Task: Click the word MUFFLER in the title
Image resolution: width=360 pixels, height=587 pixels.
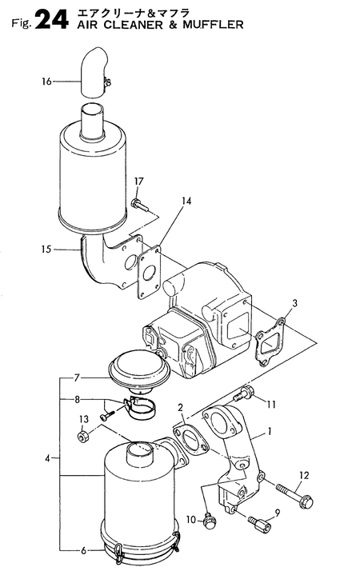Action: pyautogui.click(x=213, y=25)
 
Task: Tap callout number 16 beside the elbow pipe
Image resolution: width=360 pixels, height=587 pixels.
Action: pyautogui.click(x=46, y=82)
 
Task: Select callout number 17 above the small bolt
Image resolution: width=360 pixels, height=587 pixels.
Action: pyautogui.click(x=138, y=182)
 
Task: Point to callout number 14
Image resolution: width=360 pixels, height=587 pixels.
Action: pyautogui.click(x=186, y=201)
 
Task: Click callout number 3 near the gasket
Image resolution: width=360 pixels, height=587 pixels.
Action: pyautogui.click(x=295, y=303)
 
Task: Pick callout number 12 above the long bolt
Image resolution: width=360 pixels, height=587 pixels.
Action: pyautogui.click(x=304, y=476)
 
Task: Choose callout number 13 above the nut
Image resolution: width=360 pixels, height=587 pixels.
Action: pyautogui.click(x=84, y=419)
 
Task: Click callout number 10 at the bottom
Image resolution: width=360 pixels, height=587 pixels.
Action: pyautogui.click(x=191, y=520)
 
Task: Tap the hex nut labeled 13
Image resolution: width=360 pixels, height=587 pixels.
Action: pyautogui.click(x=82, y=437)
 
